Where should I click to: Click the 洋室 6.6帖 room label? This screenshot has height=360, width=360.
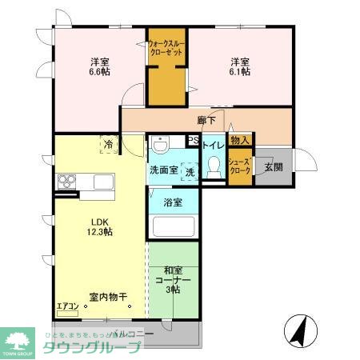pyautogui.click(x=99, y=66)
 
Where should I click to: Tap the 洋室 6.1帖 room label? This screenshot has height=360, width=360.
pyautogui.click(x=240, y=66)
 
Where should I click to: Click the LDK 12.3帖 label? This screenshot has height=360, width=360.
pyautogui.click(x=99, y=226)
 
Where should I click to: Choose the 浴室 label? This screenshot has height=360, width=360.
pyautogui.click(x=173, y=202)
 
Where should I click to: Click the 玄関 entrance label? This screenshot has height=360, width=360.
pyautogui.click(x=273, y=166)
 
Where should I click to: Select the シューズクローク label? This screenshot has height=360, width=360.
pyautogui.click(x=240, y=166)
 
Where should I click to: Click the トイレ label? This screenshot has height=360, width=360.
pyautogui.click(x=213, y=146)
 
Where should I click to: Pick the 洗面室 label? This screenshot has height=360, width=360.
pyautogui.click(x=163, y=170)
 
